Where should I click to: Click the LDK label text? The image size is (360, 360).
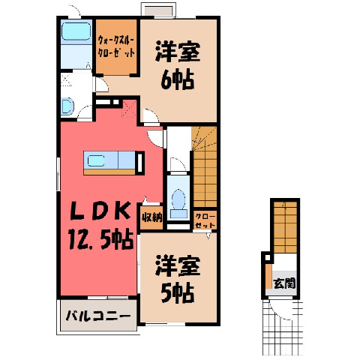pyautogui.click(x=100, y=211)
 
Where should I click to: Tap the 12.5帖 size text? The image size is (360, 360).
pyautogui.click(x=101, y=239)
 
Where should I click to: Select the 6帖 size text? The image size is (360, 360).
pyautogui.click(x=178, y=79)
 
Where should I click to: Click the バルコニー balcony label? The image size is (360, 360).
pyautogui.click(x=98, y=316)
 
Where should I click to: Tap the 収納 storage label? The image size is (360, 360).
pyautogui.click(x=152, y=218)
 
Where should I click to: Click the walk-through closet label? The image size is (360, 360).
pyautogui.click(x=116, y=46)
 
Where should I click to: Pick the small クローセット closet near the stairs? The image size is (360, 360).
pyautogui.click(x=205, y=220)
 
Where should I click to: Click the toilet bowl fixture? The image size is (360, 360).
pyautogui.click(x=178, y=199)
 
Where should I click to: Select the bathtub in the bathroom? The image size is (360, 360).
pyautogui.click(x=76, y=31)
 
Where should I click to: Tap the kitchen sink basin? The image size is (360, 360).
pyautogui.click(x=95, y=161)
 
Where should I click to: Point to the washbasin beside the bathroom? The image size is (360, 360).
pyautogui.click(x=67, y=106)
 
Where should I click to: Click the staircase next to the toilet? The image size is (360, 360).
pyautogui.click(x=204, y=166)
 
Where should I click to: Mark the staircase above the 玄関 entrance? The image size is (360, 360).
pyautogui.click(x=285, y=227)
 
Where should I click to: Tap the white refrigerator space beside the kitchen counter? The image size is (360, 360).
pyautogui.click(x=141, y=163)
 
